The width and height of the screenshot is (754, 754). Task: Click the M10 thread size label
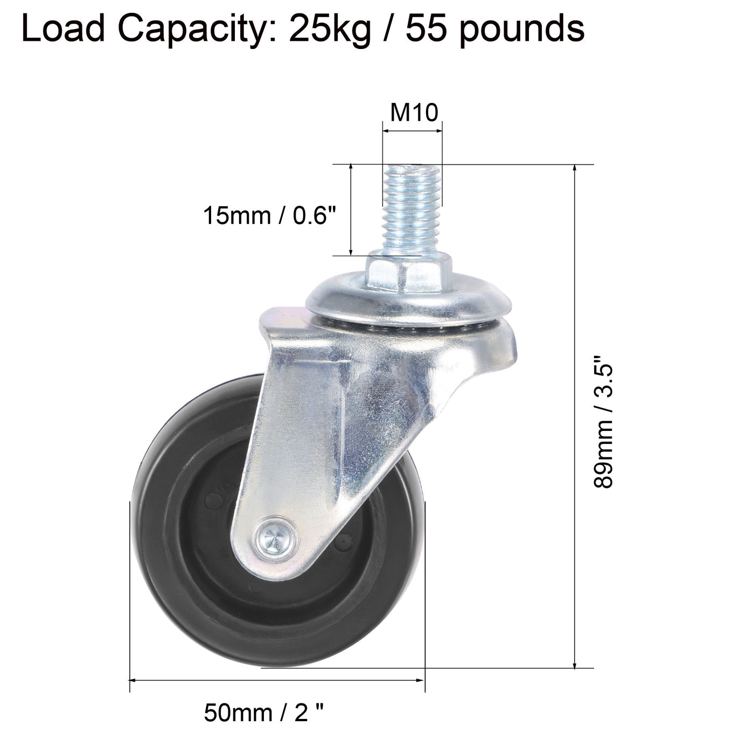414,113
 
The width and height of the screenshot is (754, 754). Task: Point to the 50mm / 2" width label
264,714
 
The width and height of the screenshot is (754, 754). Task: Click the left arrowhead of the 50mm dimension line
134,681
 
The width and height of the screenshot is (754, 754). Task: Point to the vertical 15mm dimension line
351,210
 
